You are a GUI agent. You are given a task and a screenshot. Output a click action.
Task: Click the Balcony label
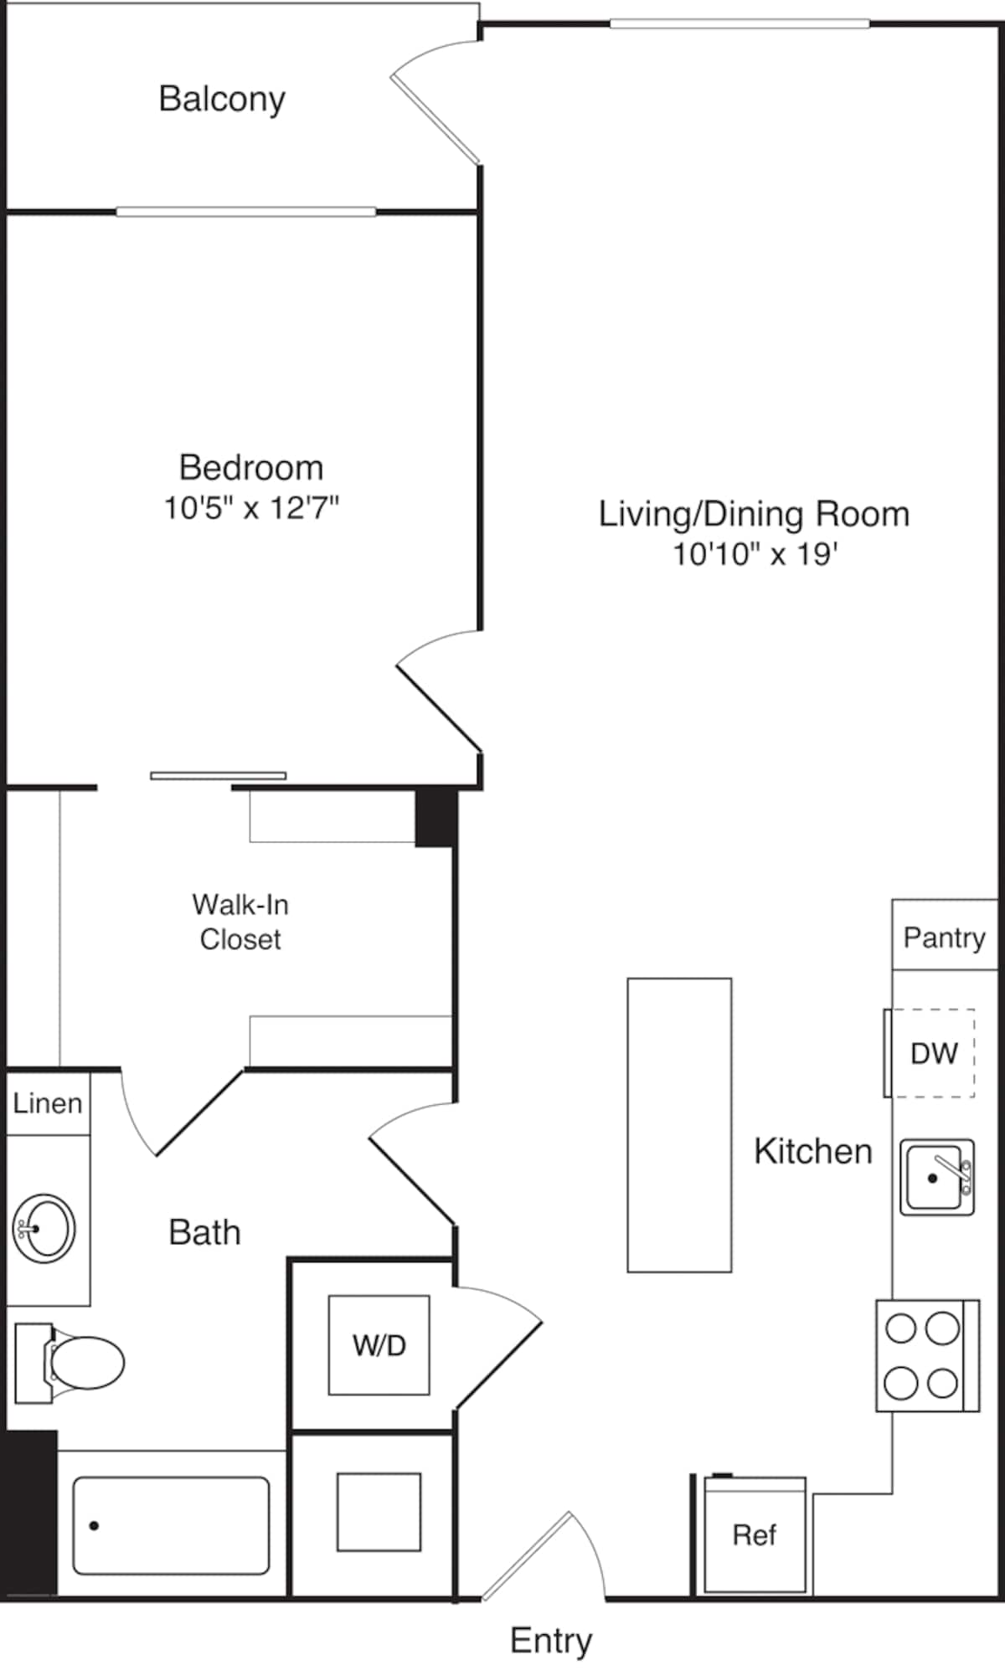(x=222, y=99)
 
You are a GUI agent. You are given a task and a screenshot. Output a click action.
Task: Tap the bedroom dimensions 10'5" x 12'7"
(x=250, y=507)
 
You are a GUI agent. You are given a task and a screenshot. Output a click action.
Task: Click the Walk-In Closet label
(x=240, y=922)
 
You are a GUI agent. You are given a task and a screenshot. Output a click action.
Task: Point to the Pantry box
(x=944, y=937)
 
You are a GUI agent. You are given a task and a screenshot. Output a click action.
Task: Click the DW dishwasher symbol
(x=933, y=1053)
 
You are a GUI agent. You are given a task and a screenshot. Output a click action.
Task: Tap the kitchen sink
(x=936, y=1177)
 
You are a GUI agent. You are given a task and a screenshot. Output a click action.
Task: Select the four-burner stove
(x=926, y=1355)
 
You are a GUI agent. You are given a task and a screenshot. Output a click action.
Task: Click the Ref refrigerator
(x=755, y=1535)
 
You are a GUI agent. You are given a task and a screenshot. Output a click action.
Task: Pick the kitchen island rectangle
(x=679, y=1125)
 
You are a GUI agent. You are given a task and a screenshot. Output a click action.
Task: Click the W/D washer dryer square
(x=379, y=1345)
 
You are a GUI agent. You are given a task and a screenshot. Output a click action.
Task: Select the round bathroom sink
(x=44, y=1229)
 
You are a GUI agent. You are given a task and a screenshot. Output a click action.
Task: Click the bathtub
(x=171, y=1525)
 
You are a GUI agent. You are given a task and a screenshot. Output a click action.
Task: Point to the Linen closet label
(x=48, y=1103)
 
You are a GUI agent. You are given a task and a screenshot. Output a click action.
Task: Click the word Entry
(x=550, y=1640)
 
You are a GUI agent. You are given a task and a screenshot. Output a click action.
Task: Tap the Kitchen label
(x=812, y=1151)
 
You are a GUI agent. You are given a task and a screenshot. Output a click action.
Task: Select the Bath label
(x=204, y=1232)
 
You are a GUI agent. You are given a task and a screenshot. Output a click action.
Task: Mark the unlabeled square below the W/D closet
(x=379, y=1512)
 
